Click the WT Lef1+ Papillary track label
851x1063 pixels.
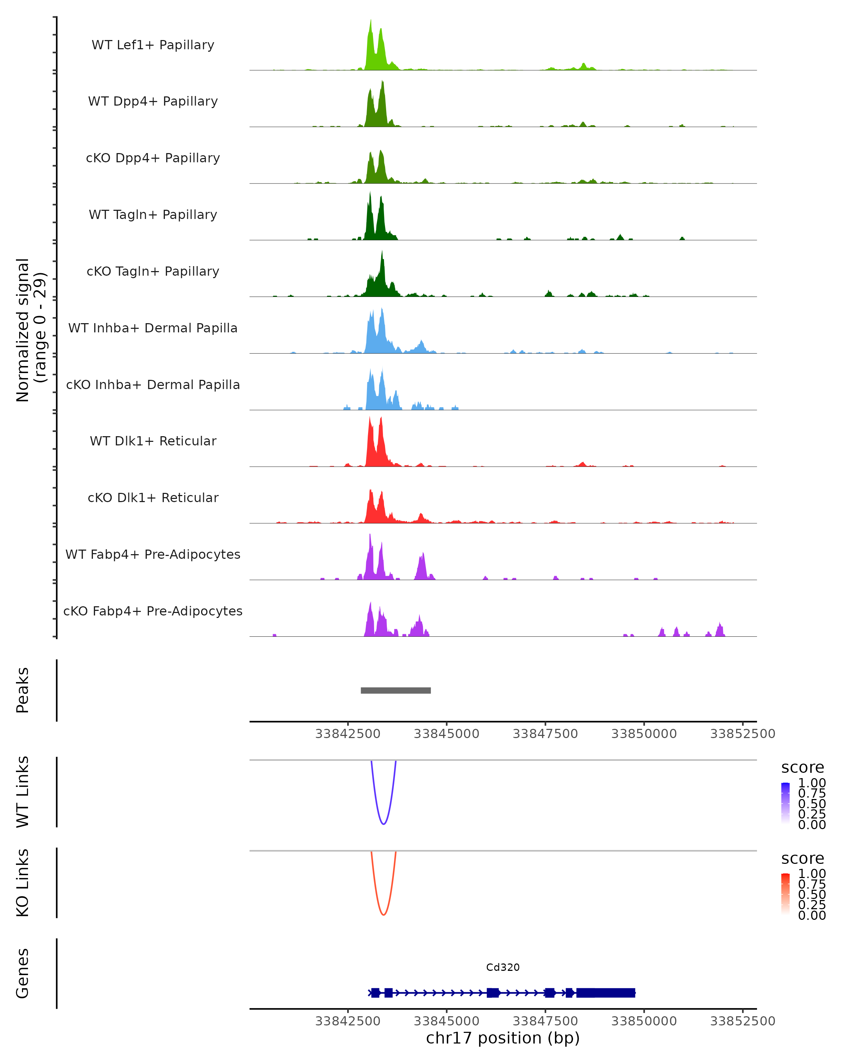click(153, 45)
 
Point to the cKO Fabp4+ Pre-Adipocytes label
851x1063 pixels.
click(153, 611)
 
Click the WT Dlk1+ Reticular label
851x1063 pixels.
click(153, 441)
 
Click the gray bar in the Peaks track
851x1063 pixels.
click(396, 690)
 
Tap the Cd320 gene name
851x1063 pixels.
click(503, 967)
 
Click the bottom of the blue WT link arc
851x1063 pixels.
click(383, 824)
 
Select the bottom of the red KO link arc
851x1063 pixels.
click(383, 915)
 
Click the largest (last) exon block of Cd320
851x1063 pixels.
click(606, 992)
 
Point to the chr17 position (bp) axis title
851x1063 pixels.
click(503, 1038)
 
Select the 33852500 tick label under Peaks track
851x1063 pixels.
click(742, 734)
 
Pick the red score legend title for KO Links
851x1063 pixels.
click(803, 859)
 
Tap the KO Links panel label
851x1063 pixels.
click(23, 883)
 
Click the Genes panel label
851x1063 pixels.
click(23, 973)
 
